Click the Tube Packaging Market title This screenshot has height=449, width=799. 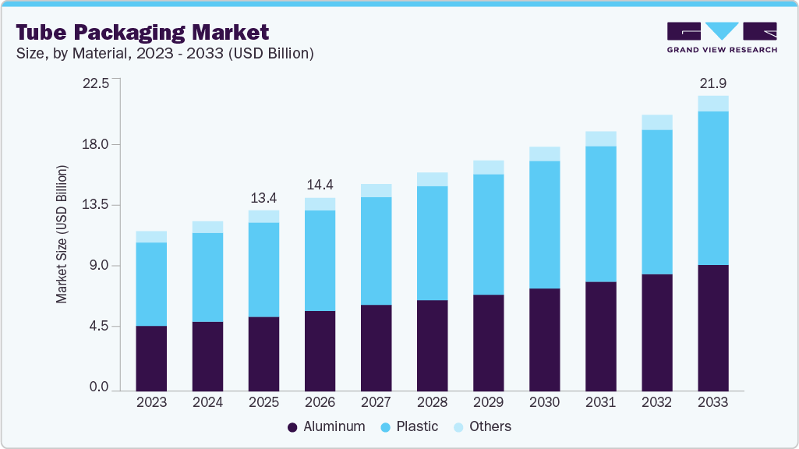[x=143, y=32]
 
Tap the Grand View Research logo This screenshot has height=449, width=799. [x=721, y=37]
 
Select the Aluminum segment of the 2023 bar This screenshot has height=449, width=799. [x=151, y=358]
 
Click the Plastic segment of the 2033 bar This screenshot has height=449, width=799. [x=712, y=188]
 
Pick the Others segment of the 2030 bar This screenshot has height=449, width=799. [x=544, y=154]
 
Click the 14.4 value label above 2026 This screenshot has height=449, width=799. [x=320, y=185]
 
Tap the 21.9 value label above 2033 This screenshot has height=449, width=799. [x=712, y=83]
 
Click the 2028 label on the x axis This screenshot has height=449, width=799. [x=432, y=402]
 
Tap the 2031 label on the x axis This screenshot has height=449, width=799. [x=600, y=402]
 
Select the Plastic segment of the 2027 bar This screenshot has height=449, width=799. [x=376, y=250]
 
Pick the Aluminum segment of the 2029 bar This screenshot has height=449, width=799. [x=488, y=342]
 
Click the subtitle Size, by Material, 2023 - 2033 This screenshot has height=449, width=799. [x=164, y=54]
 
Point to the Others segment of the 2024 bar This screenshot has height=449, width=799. [x=207, y=227]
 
